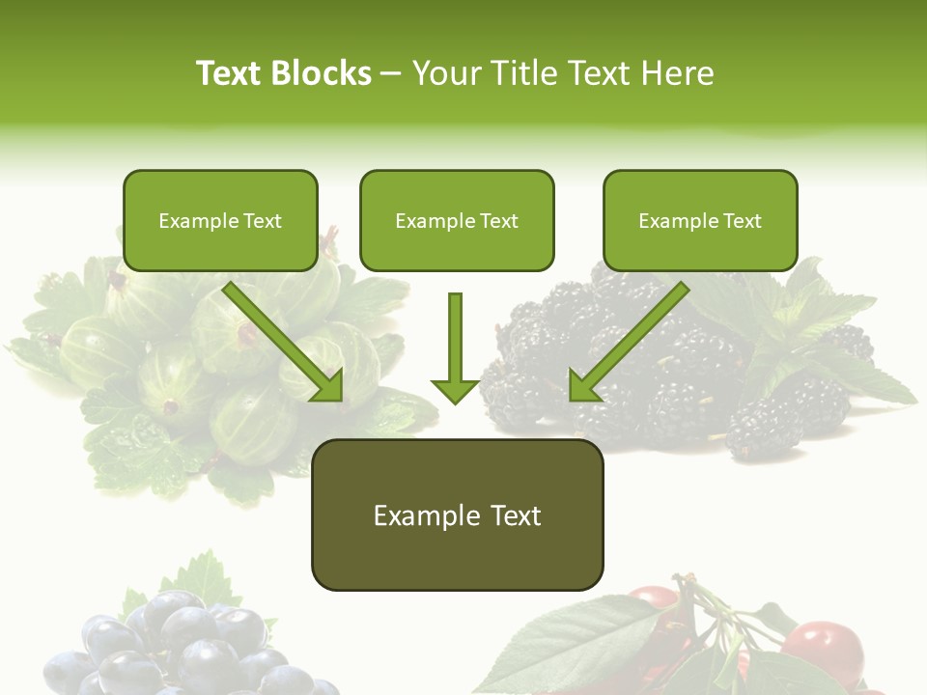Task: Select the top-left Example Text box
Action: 220,220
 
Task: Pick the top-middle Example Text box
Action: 457,220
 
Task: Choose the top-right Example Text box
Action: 700,220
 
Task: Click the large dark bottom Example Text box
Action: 457,514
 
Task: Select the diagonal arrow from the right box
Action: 628,341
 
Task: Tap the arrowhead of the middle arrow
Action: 455,390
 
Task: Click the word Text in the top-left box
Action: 263,220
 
